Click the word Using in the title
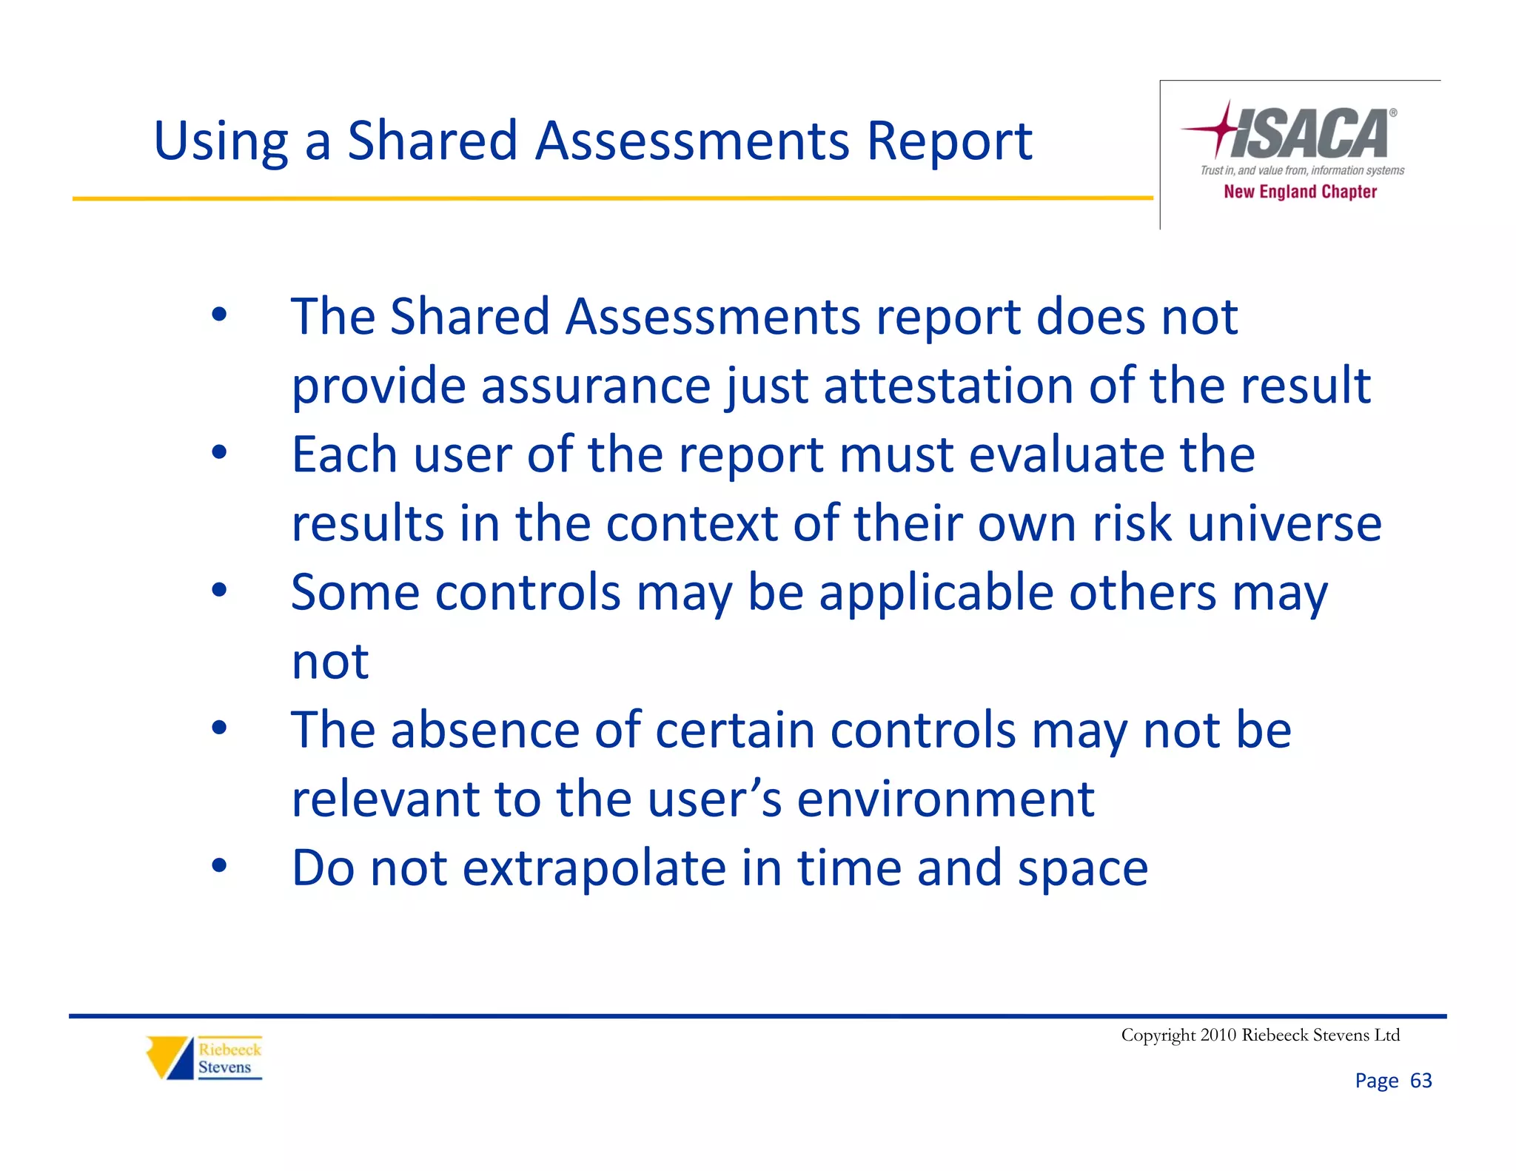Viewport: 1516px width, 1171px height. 221,142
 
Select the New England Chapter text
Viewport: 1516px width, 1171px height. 1300,192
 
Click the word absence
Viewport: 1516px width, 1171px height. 485,731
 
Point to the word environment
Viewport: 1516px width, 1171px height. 945,799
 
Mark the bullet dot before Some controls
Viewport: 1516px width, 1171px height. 218,590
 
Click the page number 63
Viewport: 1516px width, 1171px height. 1421,1081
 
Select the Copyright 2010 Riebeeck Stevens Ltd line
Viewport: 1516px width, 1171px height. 1260,1035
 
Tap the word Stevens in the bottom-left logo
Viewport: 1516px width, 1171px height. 224,1067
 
